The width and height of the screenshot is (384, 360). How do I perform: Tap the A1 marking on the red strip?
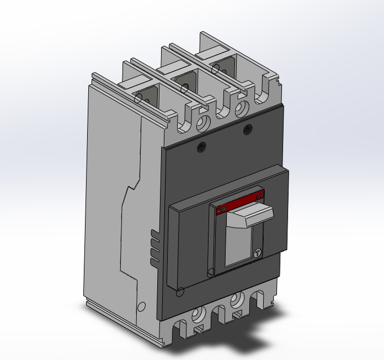click(258, 194)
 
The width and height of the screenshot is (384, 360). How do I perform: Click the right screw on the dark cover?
click(247, 130)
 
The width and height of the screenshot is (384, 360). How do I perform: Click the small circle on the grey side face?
click(141, 307)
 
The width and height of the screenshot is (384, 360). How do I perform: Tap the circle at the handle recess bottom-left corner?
click(211, 273)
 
